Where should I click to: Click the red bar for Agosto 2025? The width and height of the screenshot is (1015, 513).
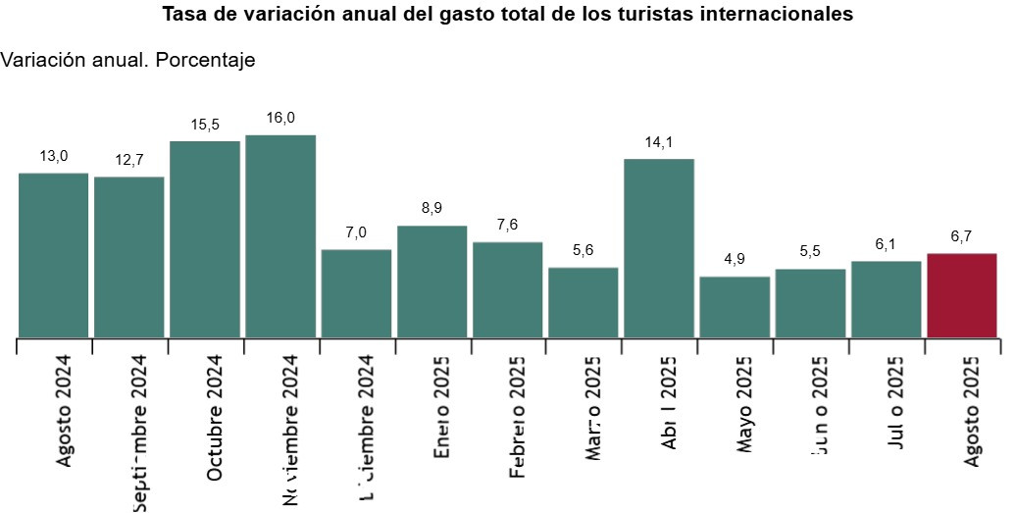click(961, 295)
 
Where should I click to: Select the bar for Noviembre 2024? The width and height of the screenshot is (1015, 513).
click(280, 236)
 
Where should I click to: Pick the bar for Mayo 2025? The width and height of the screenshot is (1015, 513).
click(735, 307)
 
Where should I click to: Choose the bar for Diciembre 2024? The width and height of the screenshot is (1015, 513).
click(356, 293)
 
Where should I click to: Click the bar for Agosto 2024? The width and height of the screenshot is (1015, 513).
click(54, 255)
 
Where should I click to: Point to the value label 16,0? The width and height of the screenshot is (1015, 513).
click(280, 118)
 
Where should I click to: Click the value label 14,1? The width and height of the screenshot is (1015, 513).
click(659, 142)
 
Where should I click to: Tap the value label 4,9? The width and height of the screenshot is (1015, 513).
click(735, 260)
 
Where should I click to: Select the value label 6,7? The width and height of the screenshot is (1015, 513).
click(961, 236)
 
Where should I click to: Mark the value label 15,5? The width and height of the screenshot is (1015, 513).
click(205, 125)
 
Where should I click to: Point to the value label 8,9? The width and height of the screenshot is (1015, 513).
click(431, 209)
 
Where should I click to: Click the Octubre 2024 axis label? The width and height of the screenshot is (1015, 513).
click(215, 417)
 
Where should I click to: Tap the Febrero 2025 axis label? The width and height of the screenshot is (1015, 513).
click(518, 416)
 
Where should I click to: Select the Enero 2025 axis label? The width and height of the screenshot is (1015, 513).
click(442, 406)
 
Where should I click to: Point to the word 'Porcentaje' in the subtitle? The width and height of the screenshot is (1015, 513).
click(206, 61)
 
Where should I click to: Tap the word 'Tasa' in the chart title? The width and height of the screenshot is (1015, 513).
click(182, 16)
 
